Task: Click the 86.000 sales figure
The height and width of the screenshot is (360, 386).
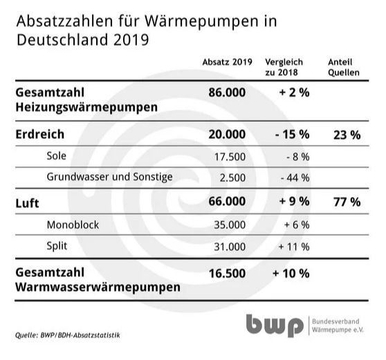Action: click(x=227, y=93)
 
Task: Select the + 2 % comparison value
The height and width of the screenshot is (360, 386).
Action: click(x=294, y=93)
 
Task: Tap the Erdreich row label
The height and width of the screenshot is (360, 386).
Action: click(x=40, y=135)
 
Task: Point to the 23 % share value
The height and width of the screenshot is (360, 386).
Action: click(x=347, y=135)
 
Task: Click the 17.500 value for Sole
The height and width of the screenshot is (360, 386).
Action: click(x=230, y=157)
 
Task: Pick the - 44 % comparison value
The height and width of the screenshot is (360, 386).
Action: click(x=295, y=178)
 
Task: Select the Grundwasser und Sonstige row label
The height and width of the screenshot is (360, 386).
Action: click(x=109, y=177)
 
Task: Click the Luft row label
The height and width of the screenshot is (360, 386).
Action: click(x=28, y=204)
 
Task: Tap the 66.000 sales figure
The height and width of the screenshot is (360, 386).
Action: click(x=227, y=201)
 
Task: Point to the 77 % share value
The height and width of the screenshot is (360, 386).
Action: click(x=347, y=202)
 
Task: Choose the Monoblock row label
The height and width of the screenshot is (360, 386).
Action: click(x=73, y=225)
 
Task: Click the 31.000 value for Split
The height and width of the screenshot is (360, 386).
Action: click(x=230, y=247)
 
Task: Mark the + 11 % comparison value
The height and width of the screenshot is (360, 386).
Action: click(x=294, y=247)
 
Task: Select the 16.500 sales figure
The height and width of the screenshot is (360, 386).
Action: click(x=227, y=274)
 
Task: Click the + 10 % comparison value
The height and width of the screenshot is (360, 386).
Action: click(x=291, y=274)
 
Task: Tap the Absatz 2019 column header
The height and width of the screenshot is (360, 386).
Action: click(x=227, y=62)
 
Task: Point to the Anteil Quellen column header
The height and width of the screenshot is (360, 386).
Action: click(x=344, y=68)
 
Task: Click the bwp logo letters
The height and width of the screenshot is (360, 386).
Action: click(x=275, y=326)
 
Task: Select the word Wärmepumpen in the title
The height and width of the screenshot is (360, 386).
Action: click(x=201, y=22)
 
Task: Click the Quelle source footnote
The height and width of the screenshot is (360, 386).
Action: click(x=68, y=335)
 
